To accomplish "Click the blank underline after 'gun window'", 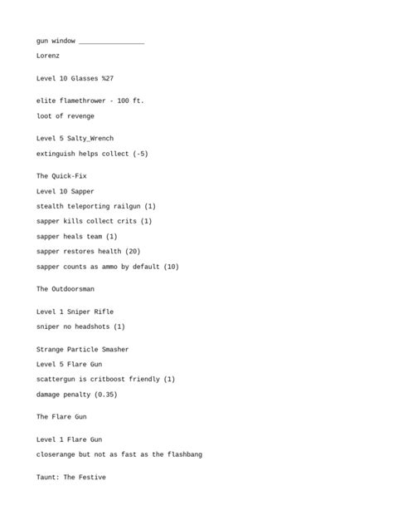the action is point(112,42).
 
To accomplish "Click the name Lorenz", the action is point(48,56).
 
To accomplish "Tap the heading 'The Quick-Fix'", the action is point(61,176).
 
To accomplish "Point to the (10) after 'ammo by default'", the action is point(171,267).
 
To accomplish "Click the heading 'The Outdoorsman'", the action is point(65,289).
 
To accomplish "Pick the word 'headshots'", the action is point(90,326).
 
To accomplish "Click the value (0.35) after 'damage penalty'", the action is point(104,395).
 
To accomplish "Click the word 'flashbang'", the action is point(182,454).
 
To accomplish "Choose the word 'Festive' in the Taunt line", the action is point(90,478).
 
